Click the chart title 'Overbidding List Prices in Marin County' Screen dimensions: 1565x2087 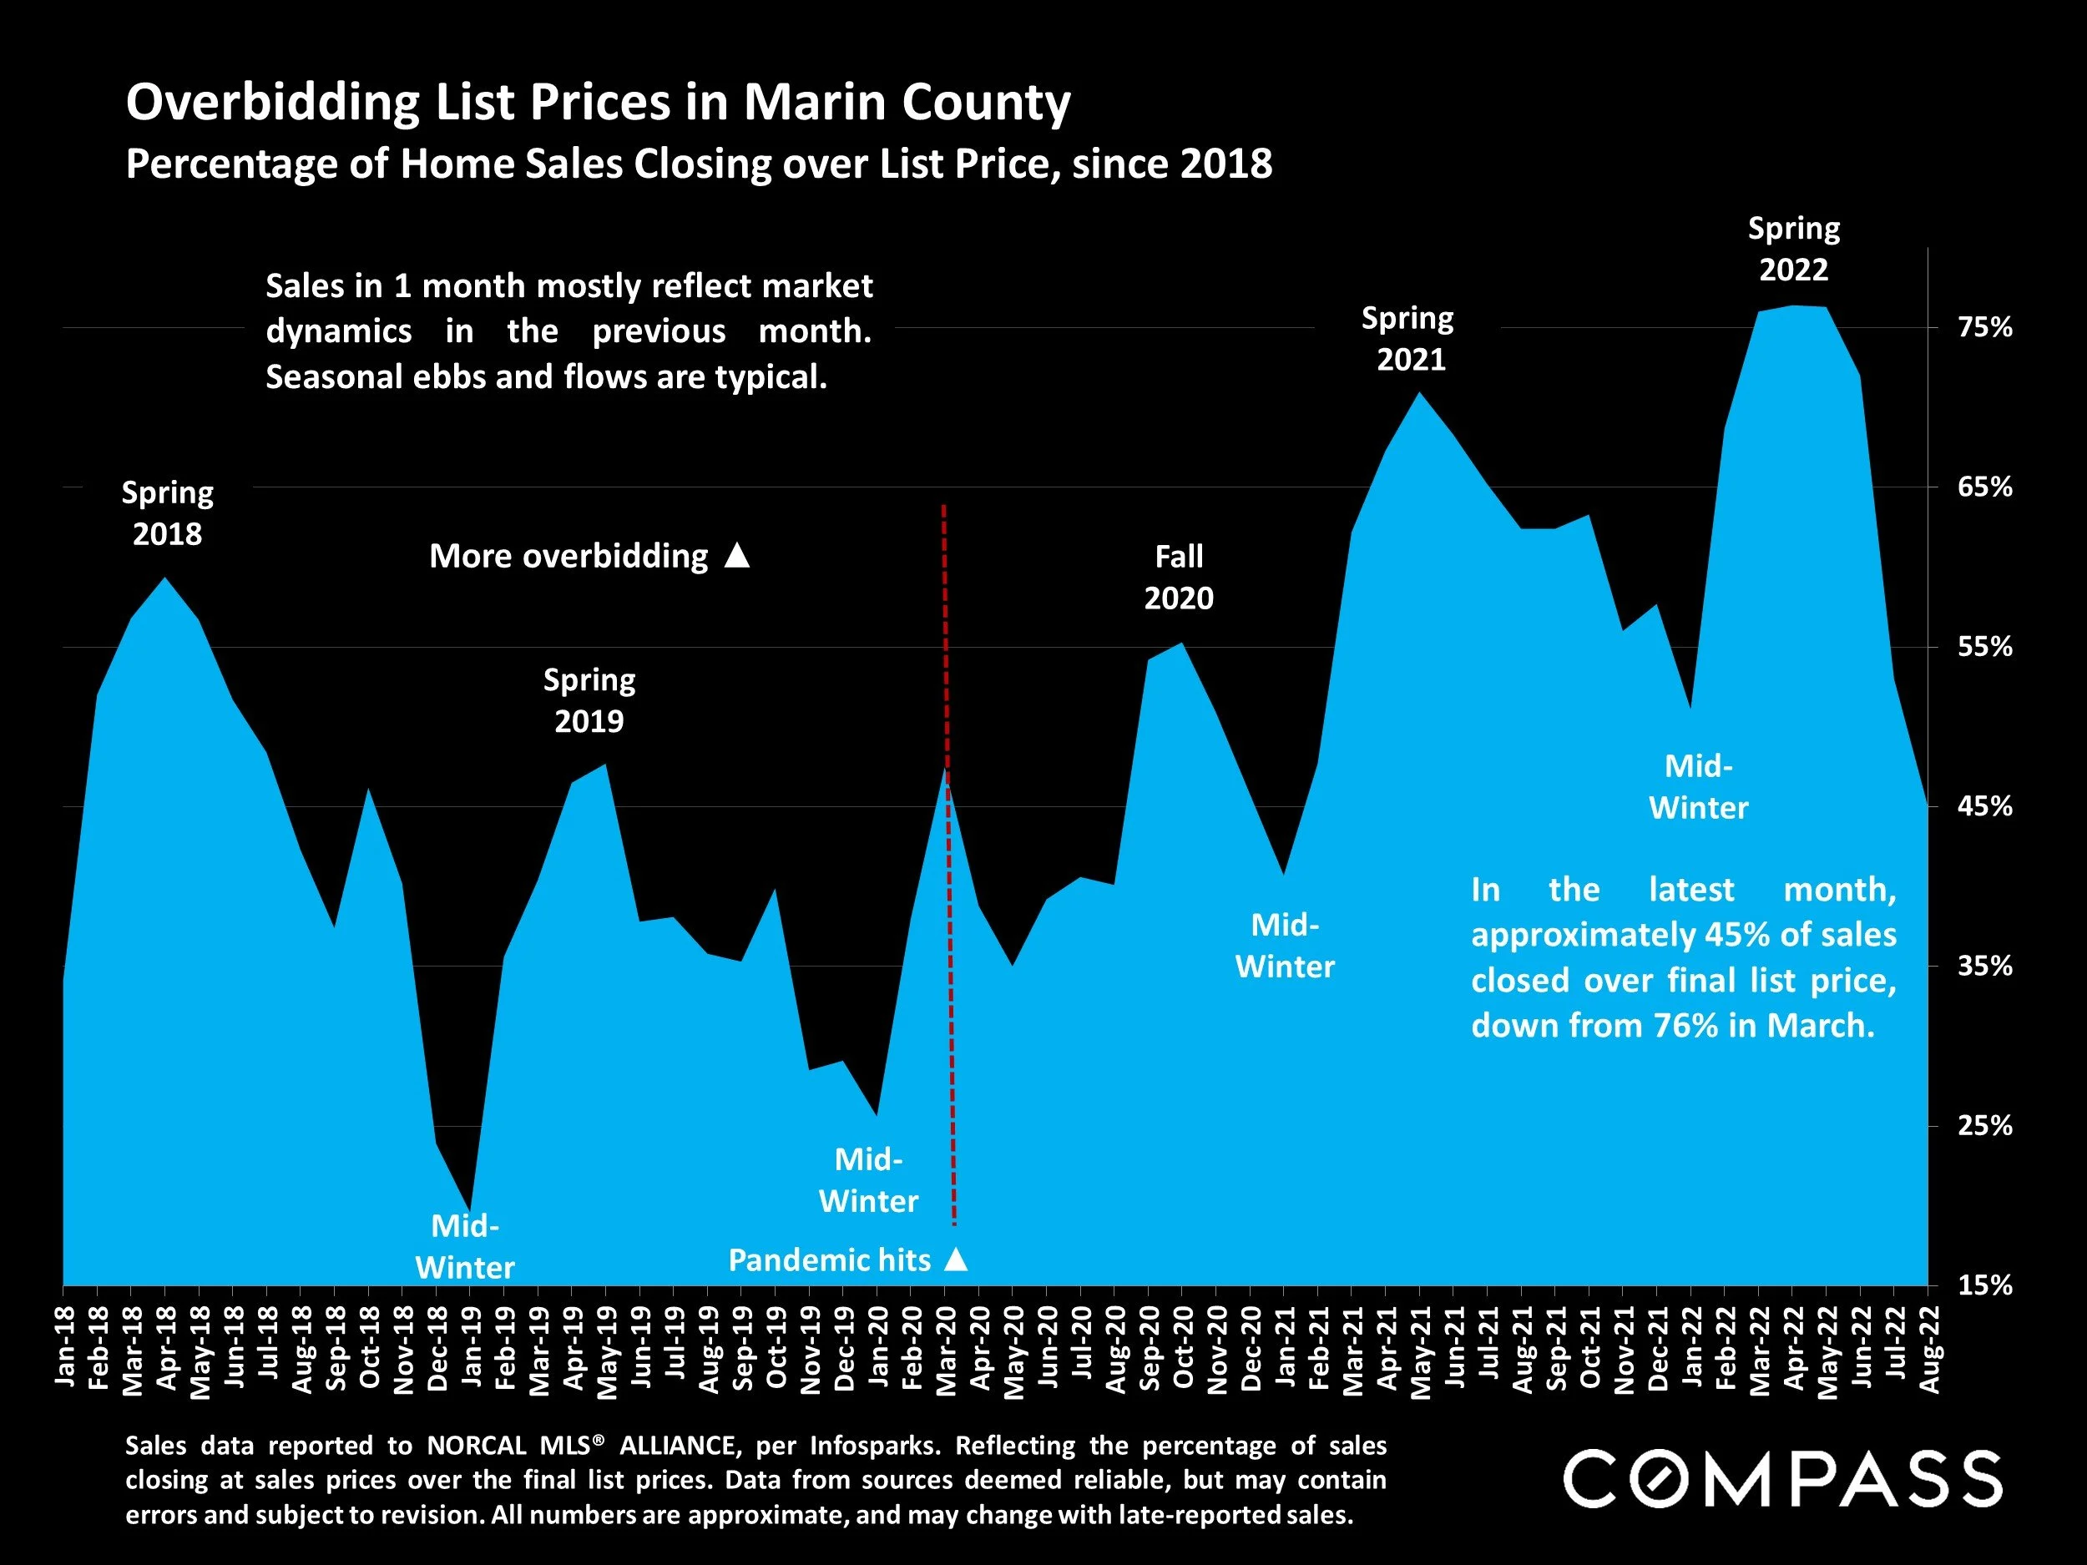click(599, 102)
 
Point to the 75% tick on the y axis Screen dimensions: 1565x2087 click(1985, 327)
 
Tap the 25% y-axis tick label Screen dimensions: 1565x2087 click(1985, 1125)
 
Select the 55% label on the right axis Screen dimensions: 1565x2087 click(1985, 647)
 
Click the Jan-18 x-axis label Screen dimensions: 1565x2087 click(65, 1346)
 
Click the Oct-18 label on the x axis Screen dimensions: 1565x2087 click(370, 1347)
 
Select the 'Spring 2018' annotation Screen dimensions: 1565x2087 click(167, 513)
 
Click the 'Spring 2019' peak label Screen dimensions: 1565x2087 click(589, 700)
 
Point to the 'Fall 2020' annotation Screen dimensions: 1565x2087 click(1179, 577)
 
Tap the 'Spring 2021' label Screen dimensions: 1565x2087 click(1408, 339)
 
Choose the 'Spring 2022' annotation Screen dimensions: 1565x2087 click(1794, 249)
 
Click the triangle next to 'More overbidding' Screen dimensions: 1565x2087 click(737, 556)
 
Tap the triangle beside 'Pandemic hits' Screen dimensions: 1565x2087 click(956, 1260)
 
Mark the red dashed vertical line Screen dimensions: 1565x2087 click(949, 943)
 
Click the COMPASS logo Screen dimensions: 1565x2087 click(1781, 1479)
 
